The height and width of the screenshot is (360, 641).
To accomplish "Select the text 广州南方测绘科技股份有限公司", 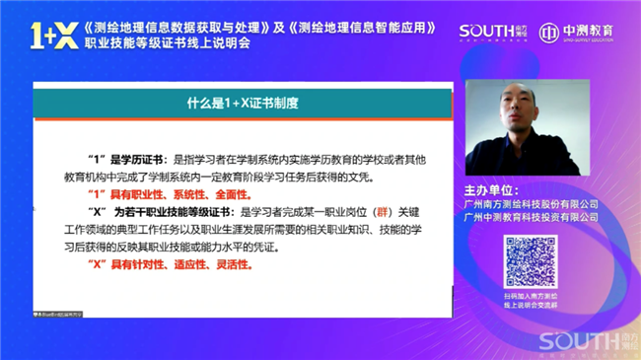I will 531,203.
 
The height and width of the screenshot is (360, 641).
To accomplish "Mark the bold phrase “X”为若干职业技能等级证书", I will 159,212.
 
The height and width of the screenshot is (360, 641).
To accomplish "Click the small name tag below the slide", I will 65,312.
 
